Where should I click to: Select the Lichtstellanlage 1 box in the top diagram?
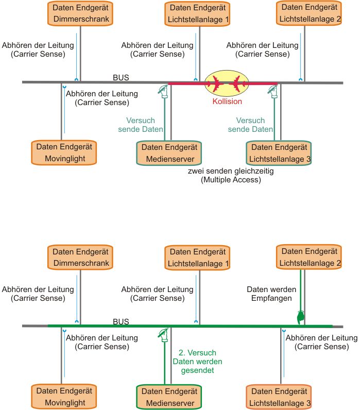click(x=198, y=14)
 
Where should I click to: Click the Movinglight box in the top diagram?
click(x=65, y=152)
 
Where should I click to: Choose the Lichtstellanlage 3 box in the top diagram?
click(x=280, y=152)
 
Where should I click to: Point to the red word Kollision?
click(x=227, y=101)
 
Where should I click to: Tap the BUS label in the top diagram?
click(x=121, y=78)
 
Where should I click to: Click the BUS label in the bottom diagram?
click(x=121, y=321)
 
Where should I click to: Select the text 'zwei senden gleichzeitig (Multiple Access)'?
click(x=231, y=176)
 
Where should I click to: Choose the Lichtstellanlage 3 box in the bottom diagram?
click(x=280, y=397)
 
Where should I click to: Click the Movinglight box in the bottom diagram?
click(x=65, y=397)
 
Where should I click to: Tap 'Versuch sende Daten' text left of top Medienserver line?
click(x=141, y=125)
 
